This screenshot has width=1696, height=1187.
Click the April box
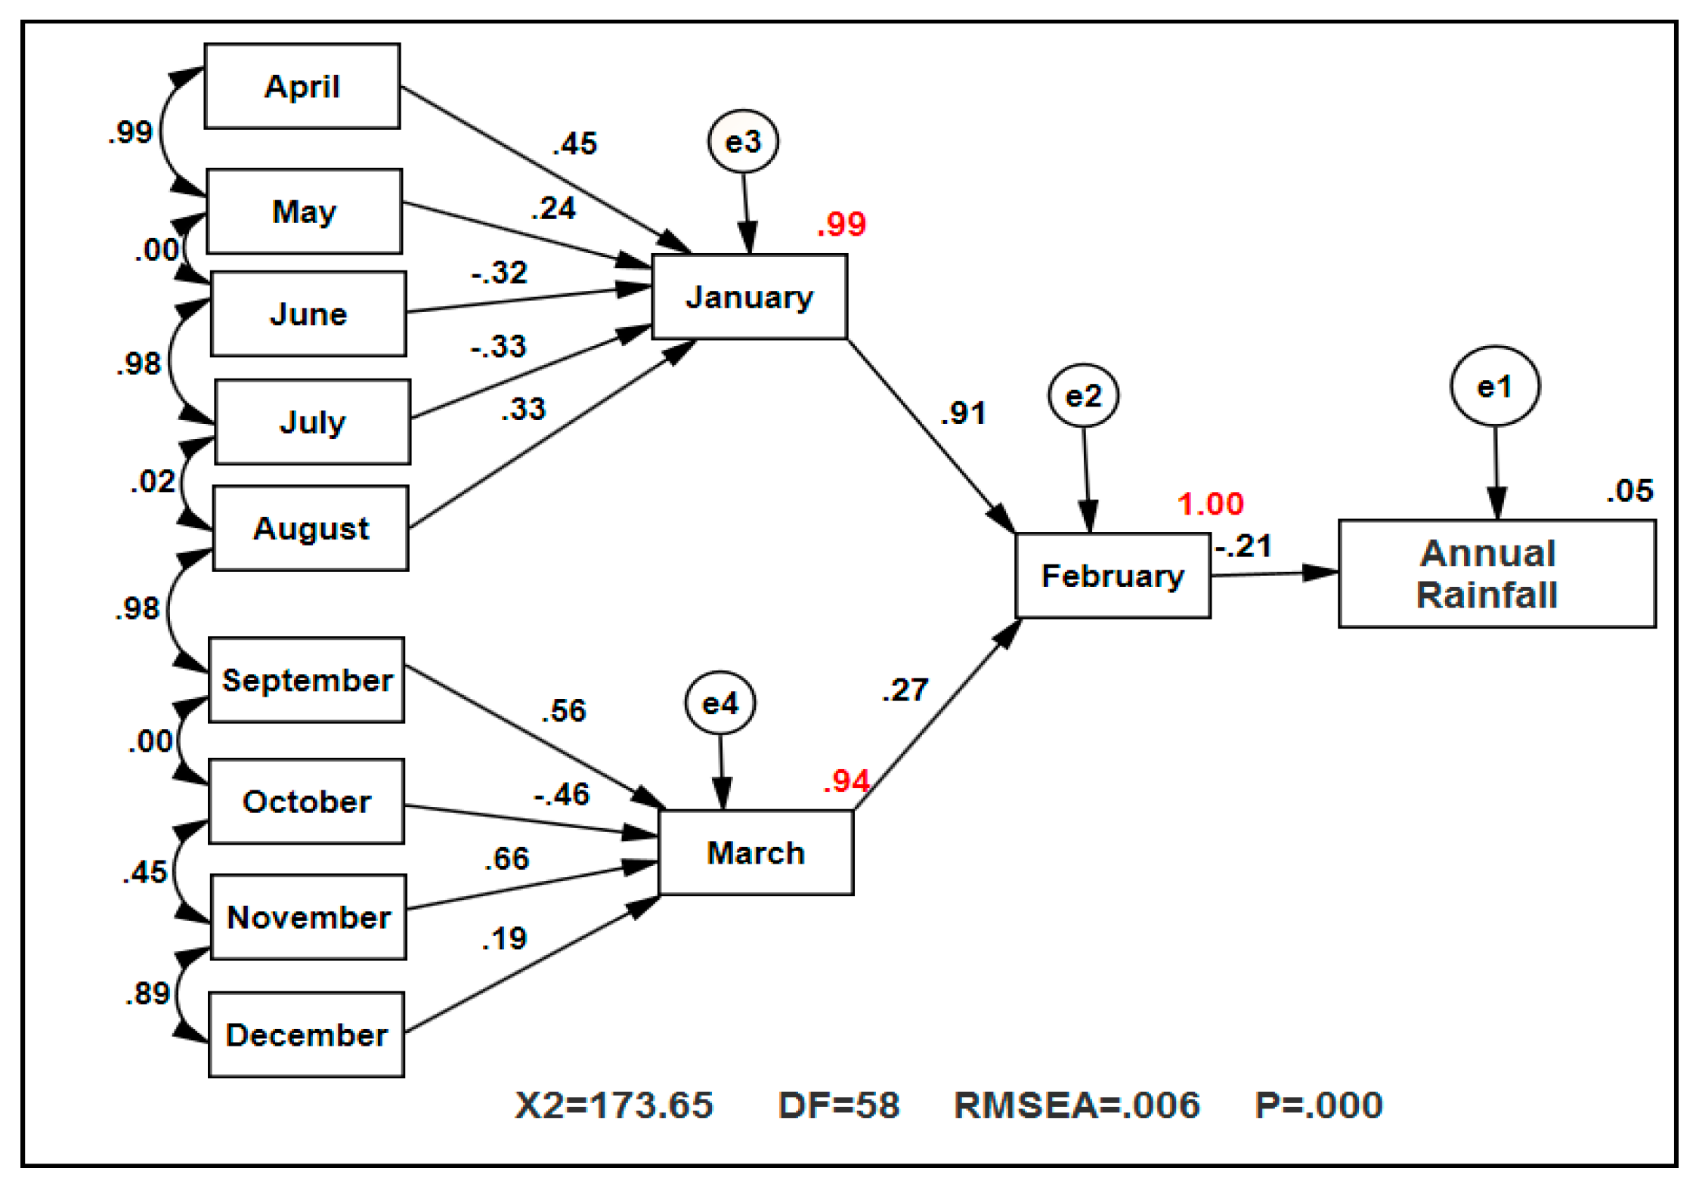click(x=302, y=86)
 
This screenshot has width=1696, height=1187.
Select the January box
click(x=749, y=297)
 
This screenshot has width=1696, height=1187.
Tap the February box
click(x=1113, y=576)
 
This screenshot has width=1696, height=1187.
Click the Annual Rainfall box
click(x=1496, y=573)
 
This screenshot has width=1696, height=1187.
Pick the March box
click(x=756, y=852)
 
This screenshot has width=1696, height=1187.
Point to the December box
click(x=306, y=1034)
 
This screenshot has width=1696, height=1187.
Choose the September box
click(x=306, y=680)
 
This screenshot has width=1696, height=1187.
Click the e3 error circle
click(x=743, y=141)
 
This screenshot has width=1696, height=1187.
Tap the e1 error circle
click(x=1494, y=386)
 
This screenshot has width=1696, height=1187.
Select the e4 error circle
click(x=720, y=703)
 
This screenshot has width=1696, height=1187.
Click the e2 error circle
click(x=1083, y=396)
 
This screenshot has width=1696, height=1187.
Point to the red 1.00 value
click(x=1210, y=504)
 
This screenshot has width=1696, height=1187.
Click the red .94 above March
click(x=846, y=781)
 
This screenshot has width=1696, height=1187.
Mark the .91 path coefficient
click(x=964, y=413)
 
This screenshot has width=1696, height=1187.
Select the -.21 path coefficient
click(x=1243, y=546)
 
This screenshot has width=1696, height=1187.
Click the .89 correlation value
click(x=148, y=993)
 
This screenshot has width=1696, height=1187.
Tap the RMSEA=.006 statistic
click(x=1076, y=1105)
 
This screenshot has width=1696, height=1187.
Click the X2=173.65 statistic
click(x=614, y=1105)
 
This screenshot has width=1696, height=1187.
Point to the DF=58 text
click(x=839, y=1105)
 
